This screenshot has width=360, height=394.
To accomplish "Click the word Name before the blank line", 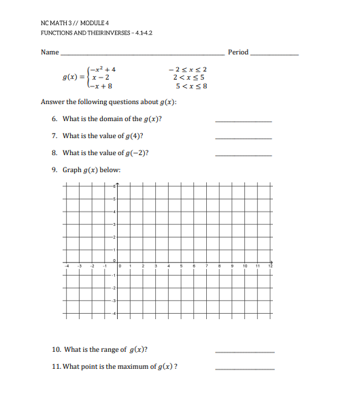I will pyautogui.click(x=49, y=52).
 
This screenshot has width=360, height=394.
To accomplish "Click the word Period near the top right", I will pyautogui.click(x=238, y=52).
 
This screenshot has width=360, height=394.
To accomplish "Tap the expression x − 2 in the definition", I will pyautogui.click(x=101, y=78).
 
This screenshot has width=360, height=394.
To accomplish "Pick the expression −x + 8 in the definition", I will pyautogui.click(x=101, y=87).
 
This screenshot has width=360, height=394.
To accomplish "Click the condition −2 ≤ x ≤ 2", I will pyautogui.click(x=188, y=69).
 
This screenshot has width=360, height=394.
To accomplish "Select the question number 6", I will pyautogui.click(x=54, y=119).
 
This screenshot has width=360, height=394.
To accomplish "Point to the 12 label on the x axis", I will pyautogui.click(x=270, y=265).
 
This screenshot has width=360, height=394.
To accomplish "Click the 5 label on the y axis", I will pyautogui.click(x=115, y=199).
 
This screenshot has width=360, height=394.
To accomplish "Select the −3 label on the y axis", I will pyautogui.click(x=114, y=300).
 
